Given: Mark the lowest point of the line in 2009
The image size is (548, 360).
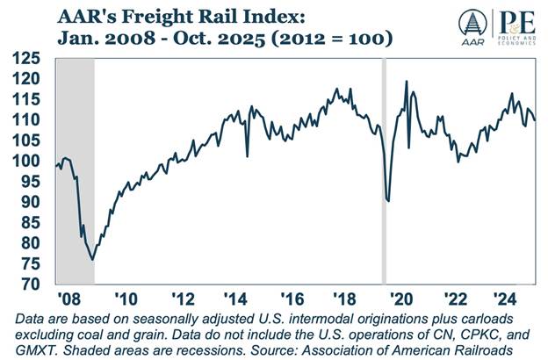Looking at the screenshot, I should [x=92, y=260].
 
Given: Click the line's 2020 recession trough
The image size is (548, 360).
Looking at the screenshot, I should [x=388, y=201].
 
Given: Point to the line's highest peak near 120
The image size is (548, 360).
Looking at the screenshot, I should [x=406, y=82].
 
